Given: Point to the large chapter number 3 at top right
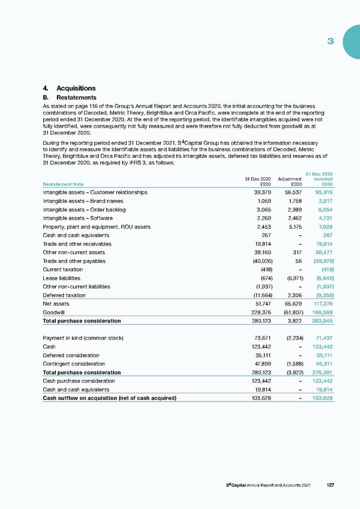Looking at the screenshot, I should point(331,41).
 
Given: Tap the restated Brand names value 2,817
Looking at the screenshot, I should point(324,202).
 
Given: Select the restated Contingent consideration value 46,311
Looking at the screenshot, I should point(323,364).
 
